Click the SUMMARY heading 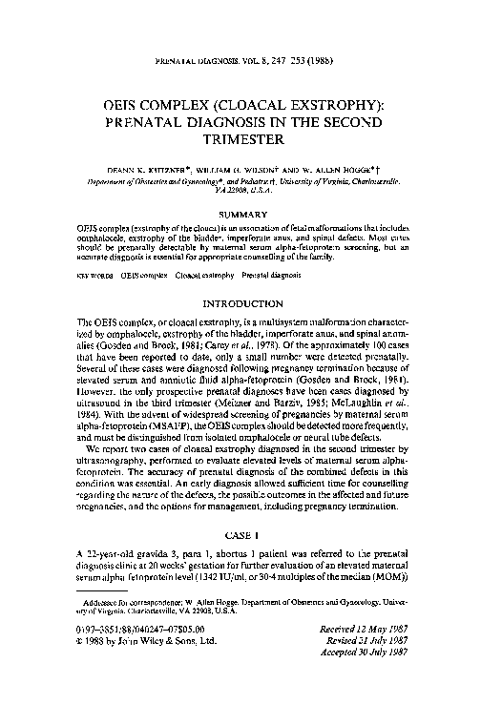pos(240,215)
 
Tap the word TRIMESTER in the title pos(240,140)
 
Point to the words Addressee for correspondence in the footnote pos(125,604)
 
